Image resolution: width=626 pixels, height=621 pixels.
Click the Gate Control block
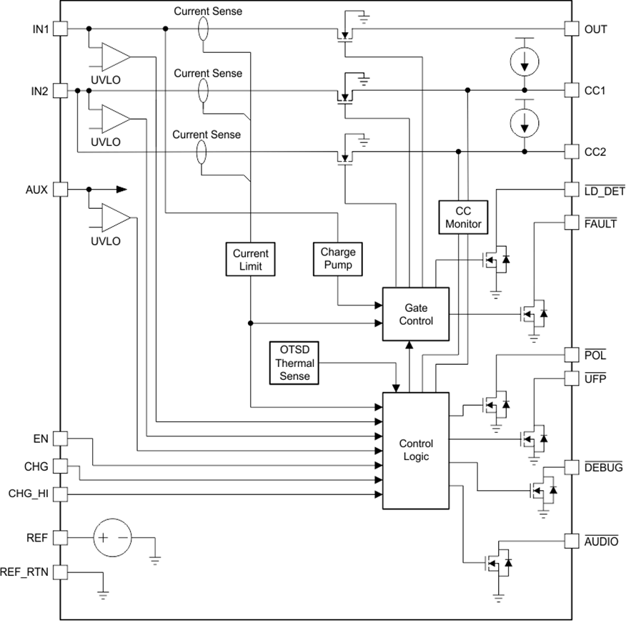[416, 315]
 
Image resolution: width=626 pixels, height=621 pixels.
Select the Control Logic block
[416, 450]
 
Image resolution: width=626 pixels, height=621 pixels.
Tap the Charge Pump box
[338, 259]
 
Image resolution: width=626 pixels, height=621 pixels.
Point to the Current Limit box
[251, 260]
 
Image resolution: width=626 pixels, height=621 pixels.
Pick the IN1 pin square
[60, 29]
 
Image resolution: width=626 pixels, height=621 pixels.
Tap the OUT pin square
[572, 29]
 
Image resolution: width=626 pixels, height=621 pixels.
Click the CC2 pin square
[572, 152]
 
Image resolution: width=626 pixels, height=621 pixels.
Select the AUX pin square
[60, 190]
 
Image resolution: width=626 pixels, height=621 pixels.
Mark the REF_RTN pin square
[60, 572]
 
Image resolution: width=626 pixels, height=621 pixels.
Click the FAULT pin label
[600, 223]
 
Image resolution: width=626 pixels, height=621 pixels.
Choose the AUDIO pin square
[572, 541]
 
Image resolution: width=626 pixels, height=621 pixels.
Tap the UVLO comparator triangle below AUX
[114, 217]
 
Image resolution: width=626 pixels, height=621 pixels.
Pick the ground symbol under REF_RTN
[103, 592]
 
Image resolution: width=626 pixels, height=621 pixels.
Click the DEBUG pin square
[572, 467]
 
